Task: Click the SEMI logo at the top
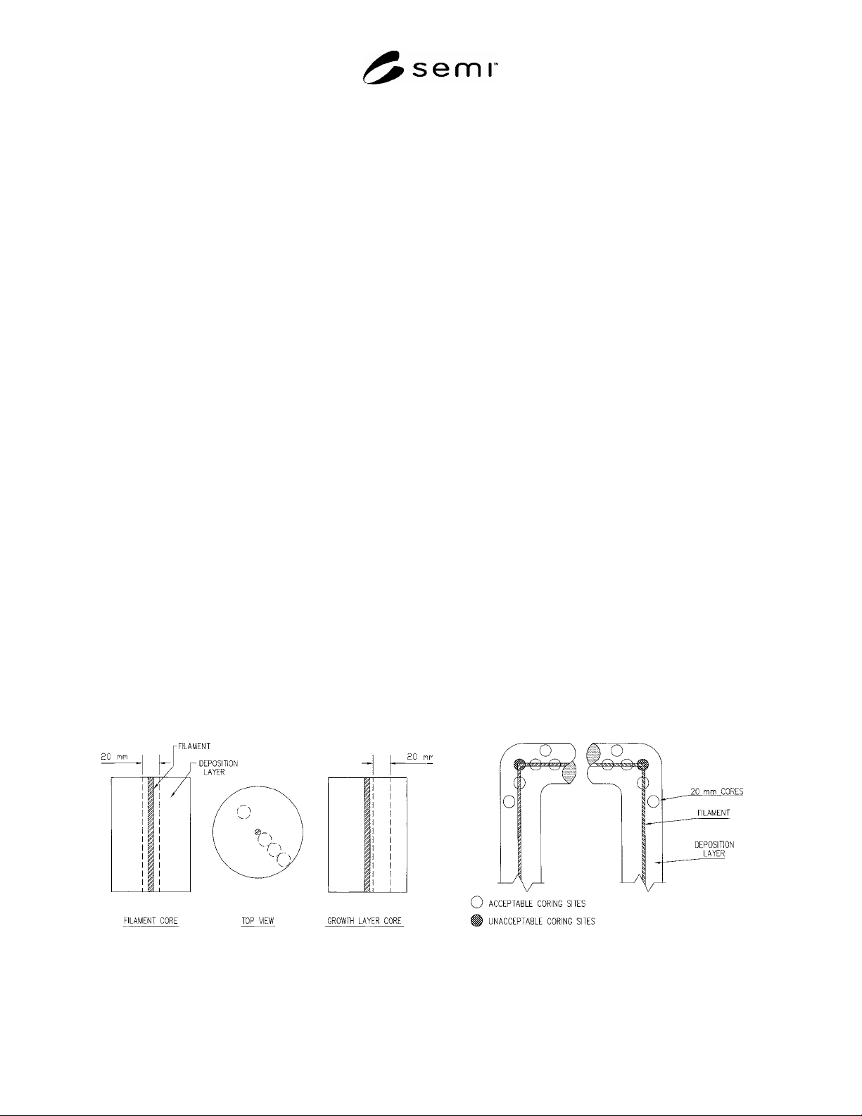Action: (431, 68)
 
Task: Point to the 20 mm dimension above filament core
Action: (114, 756)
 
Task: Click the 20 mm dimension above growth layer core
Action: (419, 756)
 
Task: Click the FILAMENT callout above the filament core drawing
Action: (194, 746)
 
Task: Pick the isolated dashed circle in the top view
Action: (243, 811)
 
